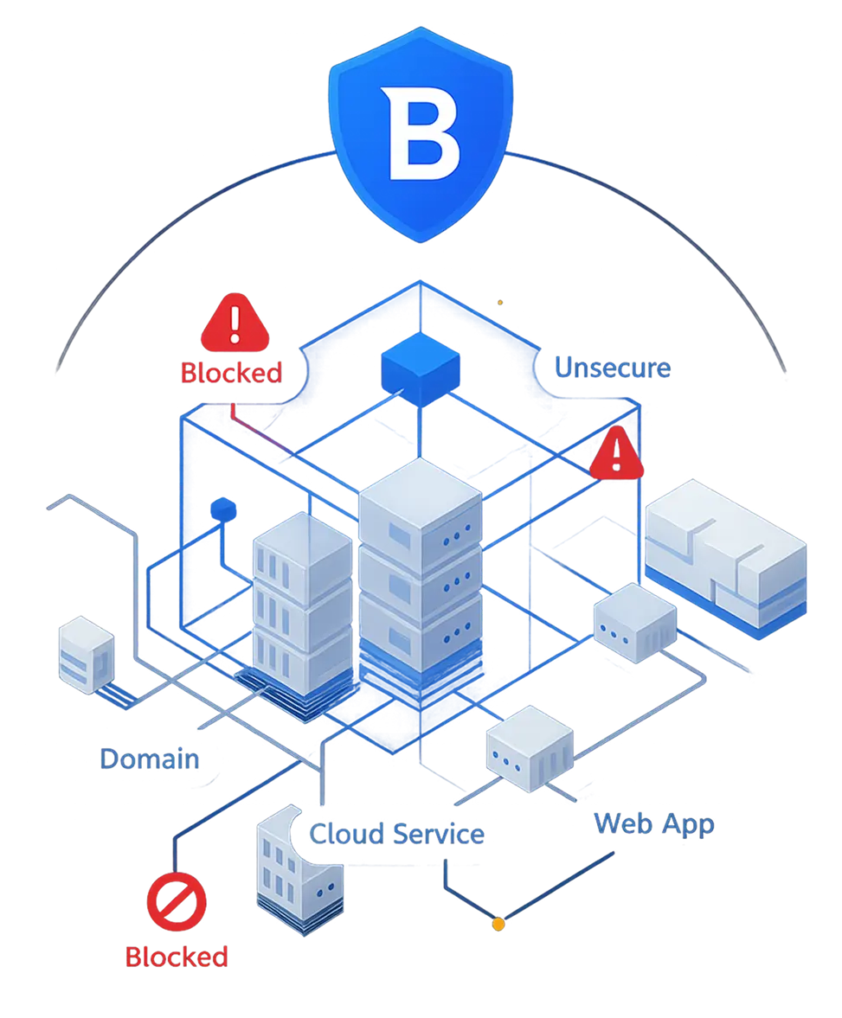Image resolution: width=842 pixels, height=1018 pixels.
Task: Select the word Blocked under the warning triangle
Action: click(231, 373)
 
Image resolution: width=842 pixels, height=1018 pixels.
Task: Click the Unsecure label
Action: click(613, 368)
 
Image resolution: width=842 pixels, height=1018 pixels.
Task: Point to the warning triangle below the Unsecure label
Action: click(618, 455)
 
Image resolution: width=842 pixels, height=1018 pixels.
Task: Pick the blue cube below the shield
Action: click(418, 368)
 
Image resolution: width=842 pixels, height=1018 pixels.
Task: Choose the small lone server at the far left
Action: click(87, 653)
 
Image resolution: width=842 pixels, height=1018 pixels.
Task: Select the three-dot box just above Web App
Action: click(530, 747)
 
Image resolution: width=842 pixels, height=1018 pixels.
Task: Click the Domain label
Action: click(150, 759)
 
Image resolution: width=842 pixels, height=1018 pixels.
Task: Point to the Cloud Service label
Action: click(397, 834)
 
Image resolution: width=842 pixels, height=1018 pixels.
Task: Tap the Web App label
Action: click(654, 824)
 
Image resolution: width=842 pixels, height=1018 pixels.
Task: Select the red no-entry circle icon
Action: click(177, 900)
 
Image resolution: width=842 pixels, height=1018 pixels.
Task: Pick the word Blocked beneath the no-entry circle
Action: click(177, 957)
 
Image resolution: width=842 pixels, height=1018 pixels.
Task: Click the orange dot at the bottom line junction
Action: click(498, 925)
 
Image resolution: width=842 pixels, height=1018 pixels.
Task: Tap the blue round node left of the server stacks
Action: click(225, 507)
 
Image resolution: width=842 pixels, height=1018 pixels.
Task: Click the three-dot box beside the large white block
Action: click(635, 622)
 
